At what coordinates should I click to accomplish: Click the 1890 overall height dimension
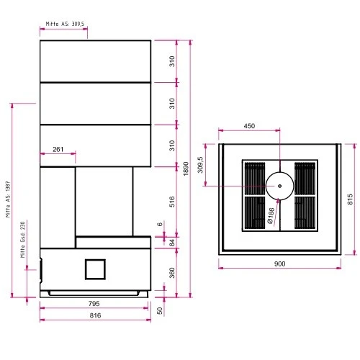pos(185,168)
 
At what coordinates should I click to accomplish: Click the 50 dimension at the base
pos(160,310)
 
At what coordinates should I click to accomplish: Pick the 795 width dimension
pos(95,304)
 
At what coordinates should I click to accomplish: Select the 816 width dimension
pos(95,315)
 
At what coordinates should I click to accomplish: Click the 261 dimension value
pos(58,150)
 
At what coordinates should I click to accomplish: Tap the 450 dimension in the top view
pos(249,126)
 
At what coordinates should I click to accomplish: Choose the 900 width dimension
pos(279,264)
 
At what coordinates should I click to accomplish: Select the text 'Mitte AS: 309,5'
pos(65,24)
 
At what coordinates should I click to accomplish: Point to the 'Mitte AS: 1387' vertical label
pos(9,200)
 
